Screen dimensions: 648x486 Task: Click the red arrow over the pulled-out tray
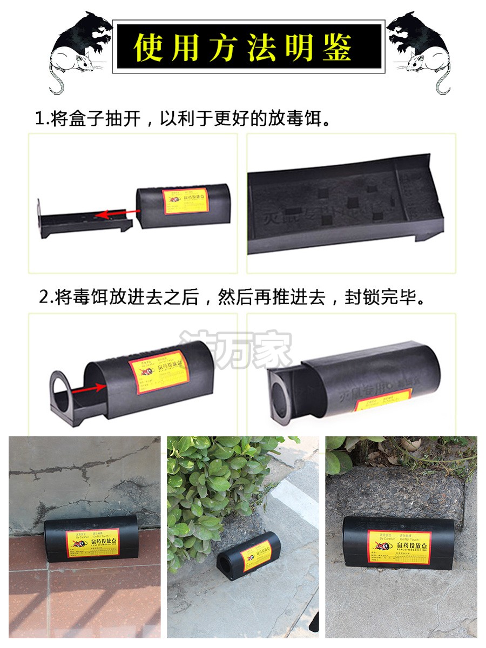coord(114,215)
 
